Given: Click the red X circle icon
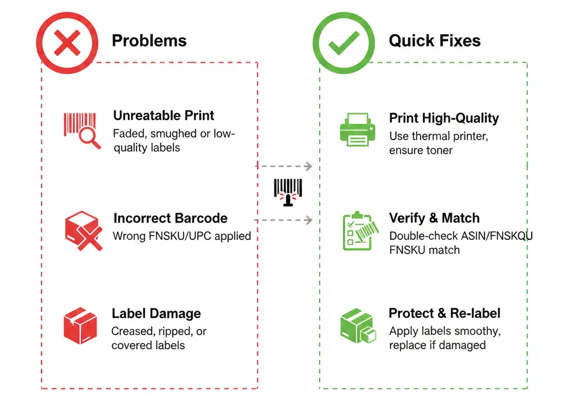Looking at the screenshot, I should pos(66,43).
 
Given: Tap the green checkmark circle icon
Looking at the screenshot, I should pos(343,43).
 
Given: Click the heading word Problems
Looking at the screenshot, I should pos(149,40).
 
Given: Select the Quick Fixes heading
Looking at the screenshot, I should pos(435,40).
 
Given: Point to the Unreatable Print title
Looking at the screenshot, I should pos(163,115).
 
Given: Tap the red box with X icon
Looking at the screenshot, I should pos(83,230).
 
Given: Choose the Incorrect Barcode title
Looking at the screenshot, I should pos(170,218).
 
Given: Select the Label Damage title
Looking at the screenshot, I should pos(156,313).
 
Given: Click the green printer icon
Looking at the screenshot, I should pos(356,131).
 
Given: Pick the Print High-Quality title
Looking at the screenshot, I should pos(444,118).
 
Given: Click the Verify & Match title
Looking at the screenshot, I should pos(434,218).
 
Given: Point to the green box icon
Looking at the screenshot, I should pos(358,326).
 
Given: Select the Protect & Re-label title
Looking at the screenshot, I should pos(444,313).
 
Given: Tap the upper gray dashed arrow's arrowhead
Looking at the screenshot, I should pos(308,166).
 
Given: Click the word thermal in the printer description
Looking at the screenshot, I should pos(431,136).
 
